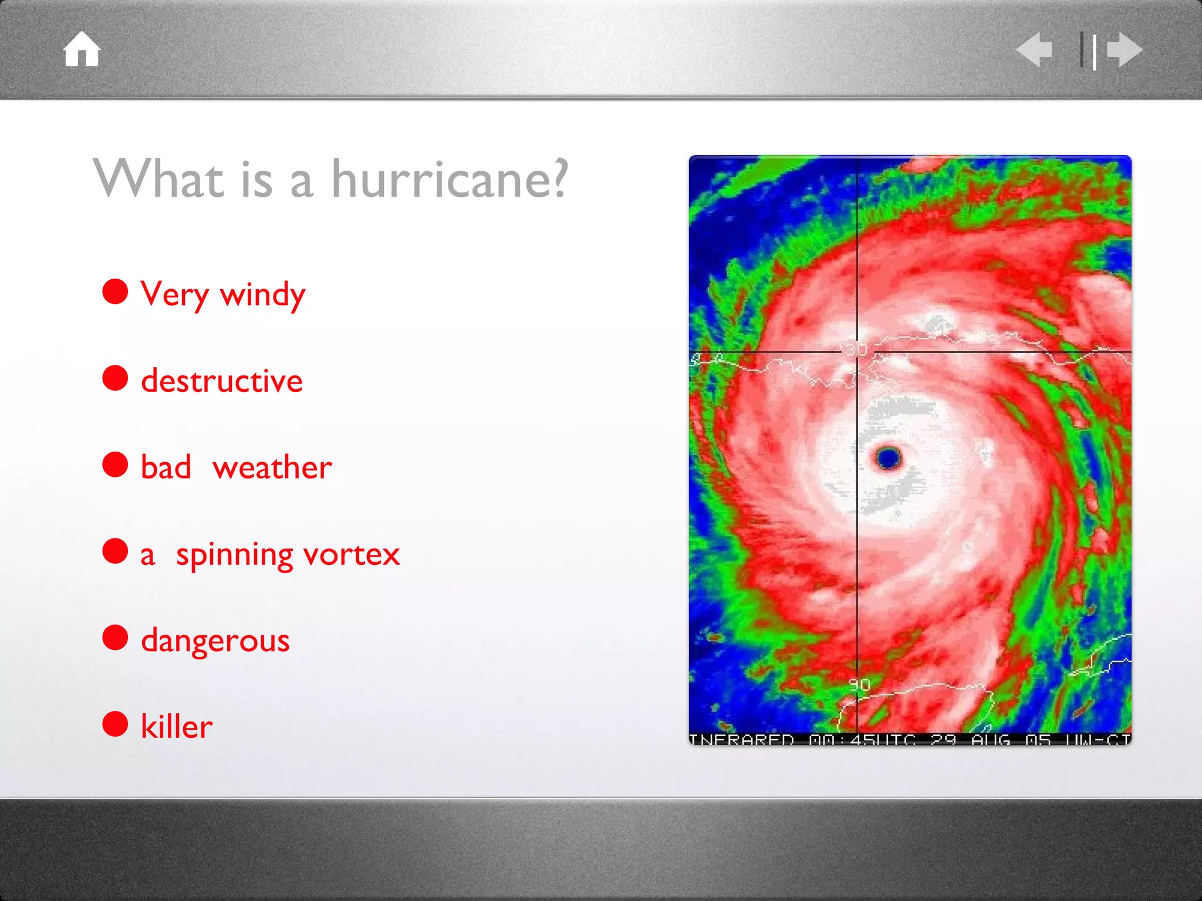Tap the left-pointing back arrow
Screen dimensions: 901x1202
1034,50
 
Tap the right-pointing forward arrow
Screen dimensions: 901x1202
1125,50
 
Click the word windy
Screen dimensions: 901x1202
262,294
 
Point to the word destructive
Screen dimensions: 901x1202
222,381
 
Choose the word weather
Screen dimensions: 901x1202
272,468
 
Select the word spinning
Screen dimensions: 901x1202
234,555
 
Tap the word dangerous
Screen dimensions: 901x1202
215,641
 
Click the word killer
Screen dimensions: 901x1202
176,727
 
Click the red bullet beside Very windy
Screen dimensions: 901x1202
115,292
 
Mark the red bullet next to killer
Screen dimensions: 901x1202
115,724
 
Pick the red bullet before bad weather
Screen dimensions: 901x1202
115,465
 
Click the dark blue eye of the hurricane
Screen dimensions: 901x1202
888,457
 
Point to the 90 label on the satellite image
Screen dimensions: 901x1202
859,685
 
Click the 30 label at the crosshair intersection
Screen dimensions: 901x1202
856,350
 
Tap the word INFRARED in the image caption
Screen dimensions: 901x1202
741,740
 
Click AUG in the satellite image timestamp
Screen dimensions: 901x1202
991,740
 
